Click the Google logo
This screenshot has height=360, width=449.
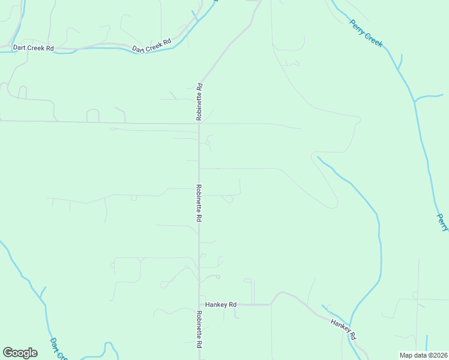coord(20,353)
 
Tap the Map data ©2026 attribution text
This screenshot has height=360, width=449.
coord(424,355)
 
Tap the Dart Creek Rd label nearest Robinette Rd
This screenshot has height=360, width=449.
coord(152,45)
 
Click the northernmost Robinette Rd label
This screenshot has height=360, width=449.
coord(199,101)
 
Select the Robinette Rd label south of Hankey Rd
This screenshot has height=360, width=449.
coord(198,329)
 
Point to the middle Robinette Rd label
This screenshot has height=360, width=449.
coord(198,203)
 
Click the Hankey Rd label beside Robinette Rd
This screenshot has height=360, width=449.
coord(220,305)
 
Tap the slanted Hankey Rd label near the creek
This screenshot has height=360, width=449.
coord(344,329)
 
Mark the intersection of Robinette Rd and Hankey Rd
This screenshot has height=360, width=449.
coord(199,305)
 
